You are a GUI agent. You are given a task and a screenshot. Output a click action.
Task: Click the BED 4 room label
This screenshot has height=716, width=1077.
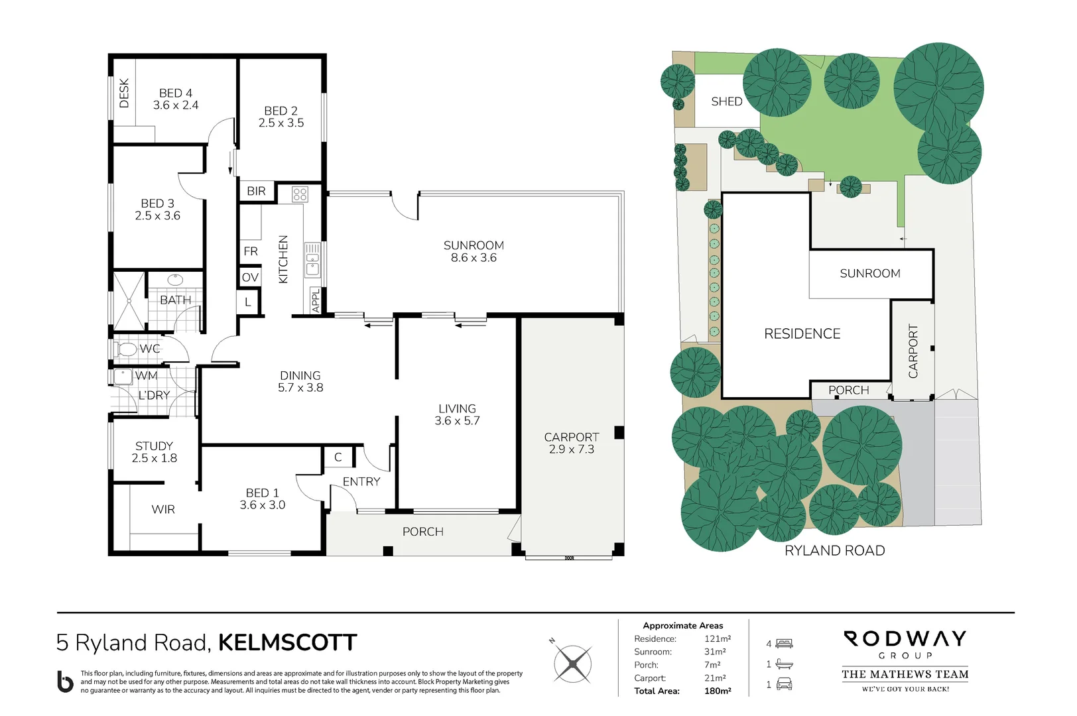[x=176, y=99]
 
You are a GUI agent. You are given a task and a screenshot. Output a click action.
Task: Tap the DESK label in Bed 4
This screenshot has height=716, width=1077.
[x=124, y=93]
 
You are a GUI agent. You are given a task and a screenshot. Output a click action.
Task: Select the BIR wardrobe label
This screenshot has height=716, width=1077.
[x=256, y=191]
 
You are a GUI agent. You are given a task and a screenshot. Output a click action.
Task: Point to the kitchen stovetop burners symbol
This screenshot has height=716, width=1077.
[x=300, y=194]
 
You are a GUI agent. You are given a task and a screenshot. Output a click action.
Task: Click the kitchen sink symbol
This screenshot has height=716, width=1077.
[x=312, y=259]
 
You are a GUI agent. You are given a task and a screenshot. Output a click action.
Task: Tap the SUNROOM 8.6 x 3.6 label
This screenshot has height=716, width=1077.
[x=474, y=251]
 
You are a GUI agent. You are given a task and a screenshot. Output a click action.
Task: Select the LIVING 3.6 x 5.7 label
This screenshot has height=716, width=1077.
[x=457, y=414]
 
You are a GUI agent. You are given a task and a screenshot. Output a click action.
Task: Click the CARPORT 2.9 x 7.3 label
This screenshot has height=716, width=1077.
[x=571, y=443]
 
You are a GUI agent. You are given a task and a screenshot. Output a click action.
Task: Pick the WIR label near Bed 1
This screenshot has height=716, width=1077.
[x=163, y=509]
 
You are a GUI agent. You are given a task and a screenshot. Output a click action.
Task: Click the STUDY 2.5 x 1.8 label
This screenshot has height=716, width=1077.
[x=154, y=451]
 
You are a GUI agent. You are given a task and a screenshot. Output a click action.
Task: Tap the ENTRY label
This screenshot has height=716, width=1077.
[x=361, y=481]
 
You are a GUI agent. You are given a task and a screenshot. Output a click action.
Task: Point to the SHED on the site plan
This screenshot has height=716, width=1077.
[x=726, y=101]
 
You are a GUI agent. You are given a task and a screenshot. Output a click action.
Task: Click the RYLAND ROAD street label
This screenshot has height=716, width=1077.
[x=834, y=550]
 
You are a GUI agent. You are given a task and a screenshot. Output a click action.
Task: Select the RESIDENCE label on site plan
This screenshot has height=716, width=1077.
[x=802, y=333]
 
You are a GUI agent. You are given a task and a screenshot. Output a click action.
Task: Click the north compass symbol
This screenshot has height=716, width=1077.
[x=572, y=663]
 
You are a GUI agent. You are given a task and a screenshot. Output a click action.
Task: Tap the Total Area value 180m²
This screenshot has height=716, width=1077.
[x=717, y=691]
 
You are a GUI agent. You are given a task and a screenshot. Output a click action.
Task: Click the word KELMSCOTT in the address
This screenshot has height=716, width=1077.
[x=287, y=642]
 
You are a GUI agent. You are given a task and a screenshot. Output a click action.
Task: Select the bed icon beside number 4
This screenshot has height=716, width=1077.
[x=785, y=643]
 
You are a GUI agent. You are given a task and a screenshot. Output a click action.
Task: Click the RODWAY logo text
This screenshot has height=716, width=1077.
[x=905, y=639]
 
